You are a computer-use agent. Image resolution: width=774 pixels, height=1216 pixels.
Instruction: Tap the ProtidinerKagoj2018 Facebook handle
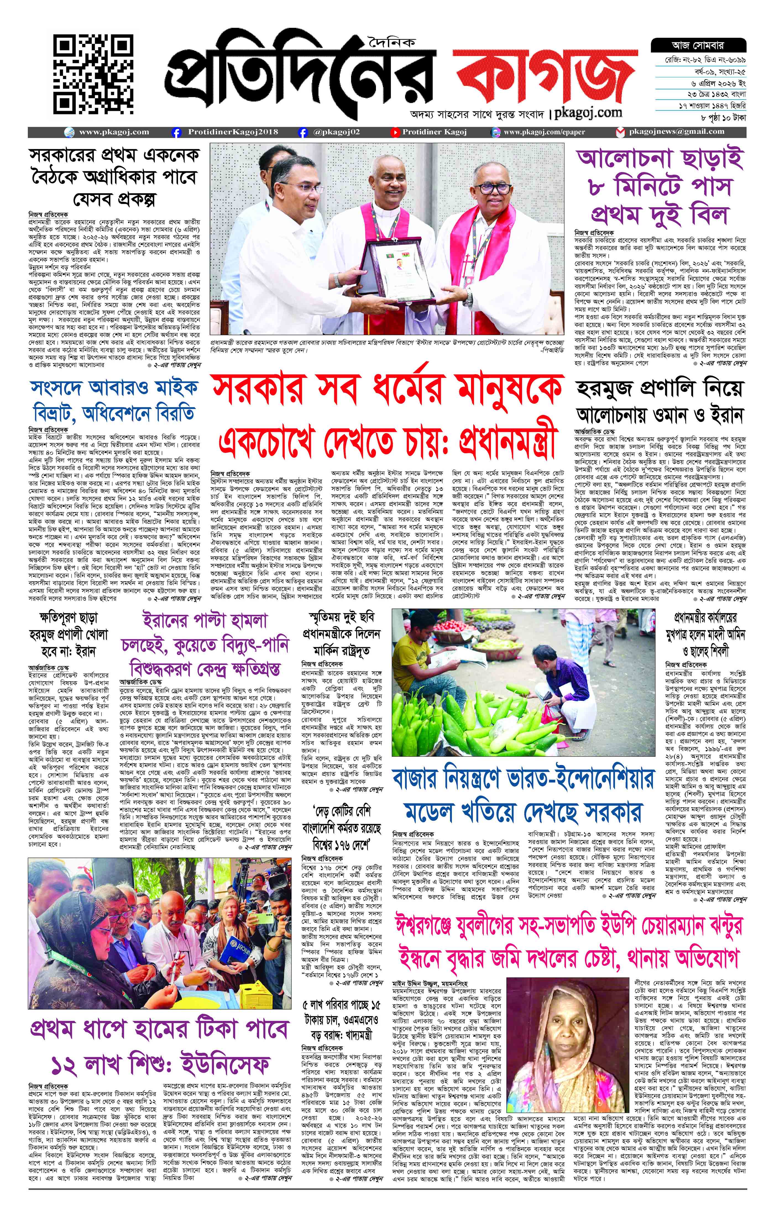click(x=232, y=132)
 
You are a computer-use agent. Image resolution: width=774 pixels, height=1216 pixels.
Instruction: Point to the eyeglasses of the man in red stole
click(x=493, y=188)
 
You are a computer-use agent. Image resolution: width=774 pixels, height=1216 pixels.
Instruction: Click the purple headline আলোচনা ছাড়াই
click(x=660, y=159)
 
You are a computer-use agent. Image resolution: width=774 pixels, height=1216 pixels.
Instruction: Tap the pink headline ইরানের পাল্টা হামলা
click(x=205, y=620)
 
